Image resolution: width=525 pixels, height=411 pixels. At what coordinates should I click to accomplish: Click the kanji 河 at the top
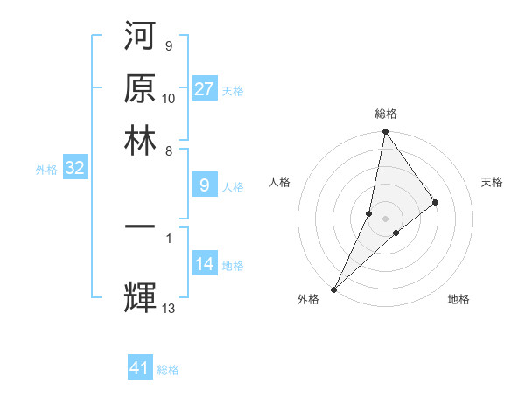pos(142,38)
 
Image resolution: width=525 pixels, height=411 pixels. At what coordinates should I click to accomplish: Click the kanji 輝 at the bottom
pos(142,296)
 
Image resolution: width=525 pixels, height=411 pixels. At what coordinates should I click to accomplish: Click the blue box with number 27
pos(205,89)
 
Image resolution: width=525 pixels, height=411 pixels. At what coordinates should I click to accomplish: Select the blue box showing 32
pos(74,169)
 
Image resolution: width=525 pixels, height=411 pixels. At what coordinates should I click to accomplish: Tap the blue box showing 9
pos(205,185)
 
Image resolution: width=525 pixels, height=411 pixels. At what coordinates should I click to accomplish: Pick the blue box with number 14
pos(205,264)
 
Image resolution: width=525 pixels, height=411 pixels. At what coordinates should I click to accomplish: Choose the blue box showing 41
pos(140,369)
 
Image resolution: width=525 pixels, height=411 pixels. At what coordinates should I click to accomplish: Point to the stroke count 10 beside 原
pos(169,98)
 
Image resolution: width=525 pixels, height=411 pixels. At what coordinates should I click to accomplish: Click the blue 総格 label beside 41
pos(168,370)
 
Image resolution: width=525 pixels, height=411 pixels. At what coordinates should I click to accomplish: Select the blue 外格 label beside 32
pos(46,170)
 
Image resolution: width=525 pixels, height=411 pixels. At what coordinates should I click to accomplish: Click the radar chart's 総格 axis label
pos(386,114)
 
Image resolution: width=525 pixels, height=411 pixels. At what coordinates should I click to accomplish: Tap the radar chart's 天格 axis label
pos(493,182)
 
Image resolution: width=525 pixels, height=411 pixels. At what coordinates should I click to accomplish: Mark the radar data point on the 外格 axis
pos(334,289)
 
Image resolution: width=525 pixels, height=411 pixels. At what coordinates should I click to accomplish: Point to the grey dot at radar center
pos(386,218)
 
